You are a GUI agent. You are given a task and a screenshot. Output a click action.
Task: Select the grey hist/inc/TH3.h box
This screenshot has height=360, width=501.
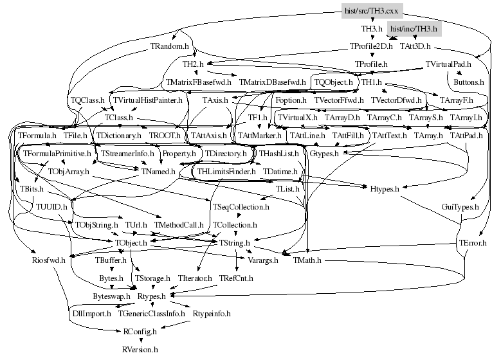point(414,30)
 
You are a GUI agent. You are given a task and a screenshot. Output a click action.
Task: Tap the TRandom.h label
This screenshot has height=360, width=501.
point(170,47)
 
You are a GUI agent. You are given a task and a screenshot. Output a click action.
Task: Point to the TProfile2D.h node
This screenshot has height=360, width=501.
point(370,47)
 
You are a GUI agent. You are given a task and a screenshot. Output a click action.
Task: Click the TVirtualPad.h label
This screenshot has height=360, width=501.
point(448,64)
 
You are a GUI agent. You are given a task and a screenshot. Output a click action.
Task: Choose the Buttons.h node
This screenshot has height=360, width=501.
point(468,82)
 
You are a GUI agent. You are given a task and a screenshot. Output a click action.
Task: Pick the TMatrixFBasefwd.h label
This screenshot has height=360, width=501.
point(198,82)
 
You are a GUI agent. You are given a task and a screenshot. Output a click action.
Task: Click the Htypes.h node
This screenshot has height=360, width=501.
point(385,189)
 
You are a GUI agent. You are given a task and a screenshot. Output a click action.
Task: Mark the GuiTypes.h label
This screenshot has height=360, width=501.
point(460,207)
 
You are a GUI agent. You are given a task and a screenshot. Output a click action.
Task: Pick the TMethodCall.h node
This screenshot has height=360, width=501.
point(179,225)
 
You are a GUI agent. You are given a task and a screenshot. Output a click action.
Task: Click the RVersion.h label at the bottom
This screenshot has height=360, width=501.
point(140,349)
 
